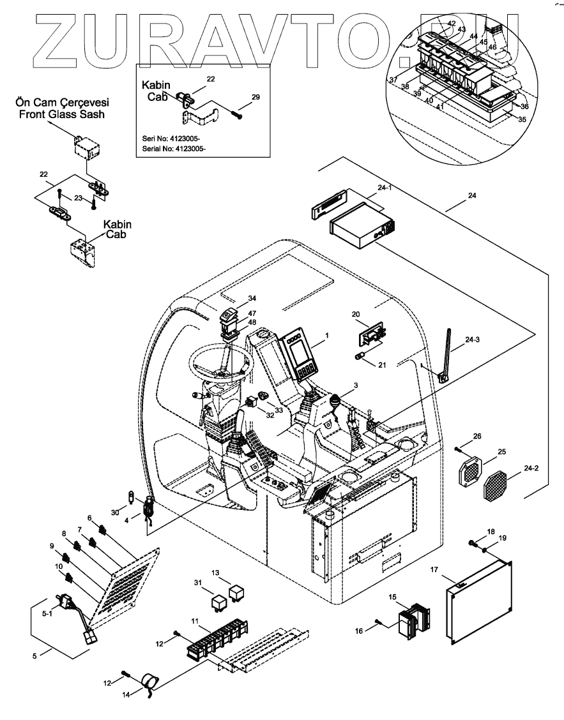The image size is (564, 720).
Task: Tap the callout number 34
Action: click(x=234, y=298)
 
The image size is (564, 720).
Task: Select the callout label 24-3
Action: click(x=473, y=340)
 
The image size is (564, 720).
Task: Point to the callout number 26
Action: click(x=477, y=437)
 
